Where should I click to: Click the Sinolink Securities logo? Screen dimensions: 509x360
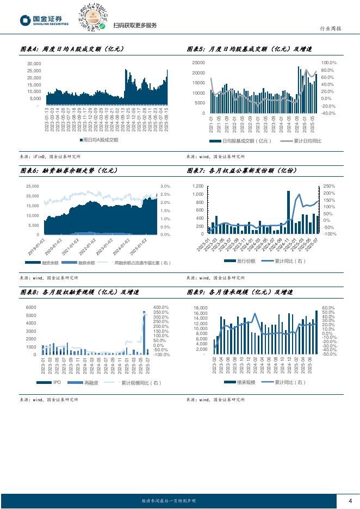tap(44, 20)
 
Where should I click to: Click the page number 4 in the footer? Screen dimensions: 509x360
tap(350, 500)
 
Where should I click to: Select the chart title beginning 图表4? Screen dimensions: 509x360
tap(72, 49)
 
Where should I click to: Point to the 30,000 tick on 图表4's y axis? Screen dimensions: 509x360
tap(33, 64)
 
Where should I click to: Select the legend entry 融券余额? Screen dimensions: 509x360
tap(86, 262)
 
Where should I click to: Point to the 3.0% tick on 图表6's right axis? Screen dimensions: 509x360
tap(165, 186)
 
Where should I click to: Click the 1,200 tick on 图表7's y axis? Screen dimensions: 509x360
tap(197, 186)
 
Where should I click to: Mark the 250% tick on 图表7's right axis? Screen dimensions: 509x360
tap(329, 186)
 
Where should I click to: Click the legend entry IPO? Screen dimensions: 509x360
tap(54, 383)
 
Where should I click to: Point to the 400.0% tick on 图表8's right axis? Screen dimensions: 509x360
tap(161, 307)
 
